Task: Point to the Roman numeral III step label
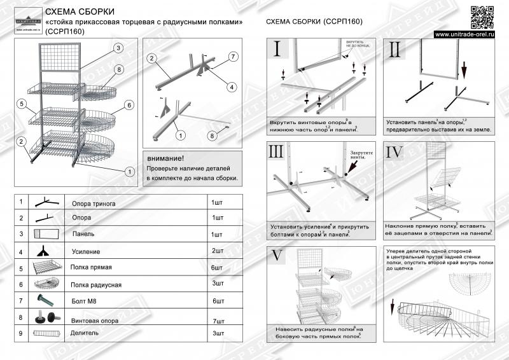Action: (x=277, y=153)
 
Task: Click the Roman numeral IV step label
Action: (x=396, y=153)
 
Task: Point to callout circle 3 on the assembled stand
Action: (x=118, y=48)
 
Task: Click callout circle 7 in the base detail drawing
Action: (x=233, y=57)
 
